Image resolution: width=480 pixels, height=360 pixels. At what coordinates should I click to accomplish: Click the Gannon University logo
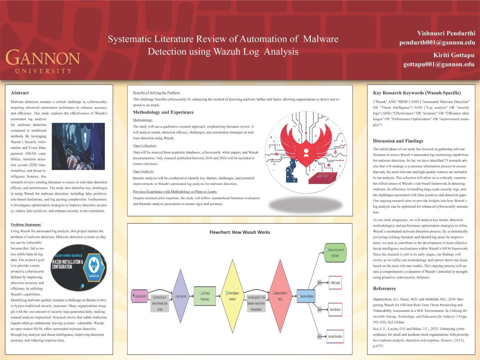click(43, 61)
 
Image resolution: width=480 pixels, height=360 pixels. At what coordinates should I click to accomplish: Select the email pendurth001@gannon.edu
click(437, 42)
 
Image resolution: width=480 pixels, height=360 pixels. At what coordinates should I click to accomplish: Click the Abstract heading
click(20, 93)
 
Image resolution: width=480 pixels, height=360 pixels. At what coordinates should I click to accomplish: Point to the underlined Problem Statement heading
click(26, 224)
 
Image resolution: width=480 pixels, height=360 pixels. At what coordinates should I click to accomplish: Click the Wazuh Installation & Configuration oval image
click(78, 268)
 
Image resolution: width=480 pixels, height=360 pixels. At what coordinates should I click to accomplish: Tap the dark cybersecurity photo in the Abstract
click(78, 146)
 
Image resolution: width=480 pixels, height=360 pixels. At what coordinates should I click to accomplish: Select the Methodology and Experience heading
click(163, 112)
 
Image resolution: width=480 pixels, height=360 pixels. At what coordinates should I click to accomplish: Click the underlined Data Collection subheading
click(145, 146)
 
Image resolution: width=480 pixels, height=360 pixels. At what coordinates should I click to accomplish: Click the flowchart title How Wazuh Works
click(240, 232)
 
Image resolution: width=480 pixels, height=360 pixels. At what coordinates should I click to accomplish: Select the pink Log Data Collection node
click(139, 296)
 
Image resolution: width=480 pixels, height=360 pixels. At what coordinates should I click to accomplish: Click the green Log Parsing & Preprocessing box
click(205, 296)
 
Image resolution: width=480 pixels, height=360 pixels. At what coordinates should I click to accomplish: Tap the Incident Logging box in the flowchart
click(335, 283)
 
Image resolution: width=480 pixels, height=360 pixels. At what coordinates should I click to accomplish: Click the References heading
click(384, 288)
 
